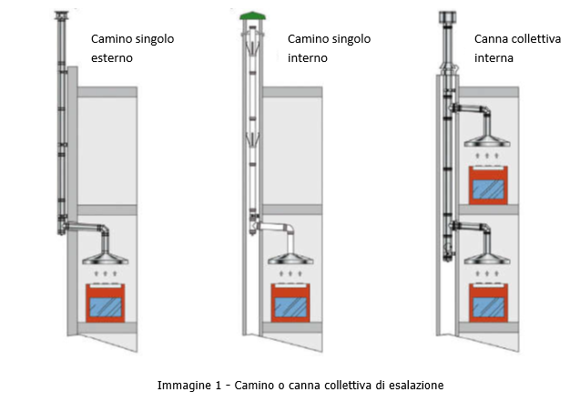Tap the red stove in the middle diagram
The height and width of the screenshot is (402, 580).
click(294, 303)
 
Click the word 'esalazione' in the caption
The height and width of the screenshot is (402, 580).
click(413, 385)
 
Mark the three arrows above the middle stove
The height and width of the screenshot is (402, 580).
click(294, 273)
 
